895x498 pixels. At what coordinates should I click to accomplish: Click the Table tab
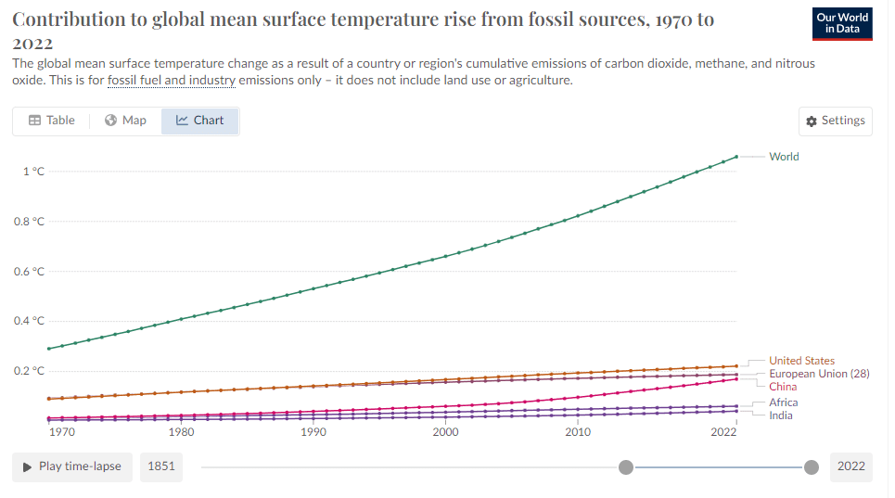[51, 121]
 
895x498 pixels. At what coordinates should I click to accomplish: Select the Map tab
[125, 121]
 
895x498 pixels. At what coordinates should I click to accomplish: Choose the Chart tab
[199, 121]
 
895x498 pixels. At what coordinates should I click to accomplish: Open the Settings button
[836, 121]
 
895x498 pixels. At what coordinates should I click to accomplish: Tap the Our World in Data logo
[842, 23]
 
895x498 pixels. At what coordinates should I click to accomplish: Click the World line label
[784, 157]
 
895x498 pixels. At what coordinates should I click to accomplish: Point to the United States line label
[801, 361]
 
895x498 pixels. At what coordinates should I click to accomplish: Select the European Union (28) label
[819, 374]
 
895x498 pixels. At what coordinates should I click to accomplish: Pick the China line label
[783, 387]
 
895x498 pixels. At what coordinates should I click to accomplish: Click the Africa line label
[783, 402]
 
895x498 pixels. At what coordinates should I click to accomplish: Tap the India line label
[780, 415]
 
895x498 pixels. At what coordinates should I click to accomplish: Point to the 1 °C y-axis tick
[33, 172]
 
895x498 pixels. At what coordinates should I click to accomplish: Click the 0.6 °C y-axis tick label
[29, 272]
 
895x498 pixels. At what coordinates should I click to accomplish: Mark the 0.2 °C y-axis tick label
[29, 371]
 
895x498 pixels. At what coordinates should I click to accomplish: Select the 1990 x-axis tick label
[313, 432]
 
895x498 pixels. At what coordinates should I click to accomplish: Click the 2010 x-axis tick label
[578, 432]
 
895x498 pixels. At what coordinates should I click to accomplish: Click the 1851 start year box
[161, 466]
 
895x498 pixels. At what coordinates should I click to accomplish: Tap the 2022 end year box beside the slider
[851, 466]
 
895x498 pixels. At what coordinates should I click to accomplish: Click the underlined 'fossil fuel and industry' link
[172, 81]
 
